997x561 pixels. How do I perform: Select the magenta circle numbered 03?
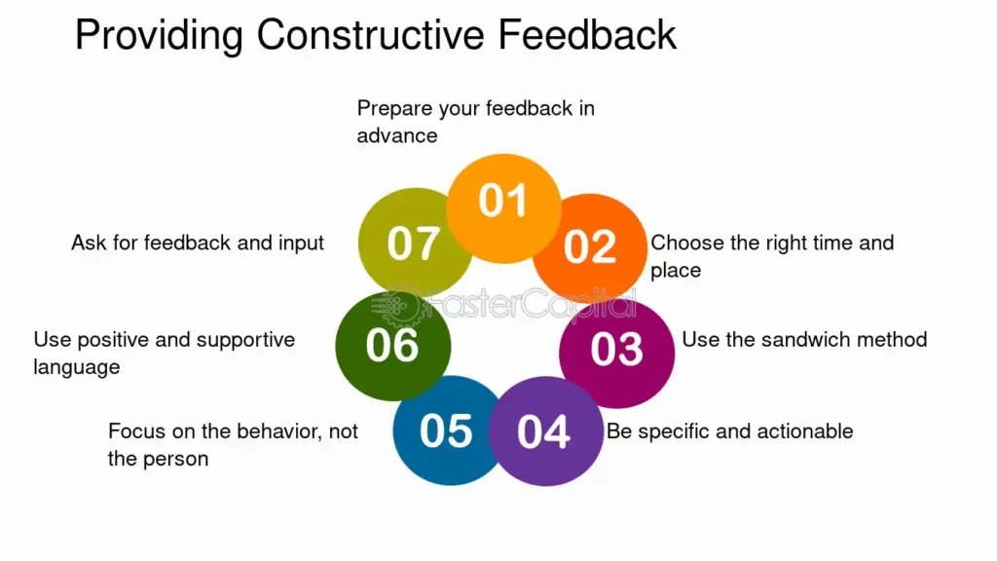[616, 352]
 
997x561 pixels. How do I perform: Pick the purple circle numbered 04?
[545, 430]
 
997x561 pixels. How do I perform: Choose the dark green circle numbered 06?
[393, 346]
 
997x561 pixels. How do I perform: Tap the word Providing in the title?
[159, 36]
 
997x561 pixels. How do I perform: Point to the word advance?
[397, 135]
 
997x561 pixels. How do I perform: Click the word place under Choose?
[676, 271]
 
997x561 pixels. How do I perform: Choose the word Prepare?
[395, 109]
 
